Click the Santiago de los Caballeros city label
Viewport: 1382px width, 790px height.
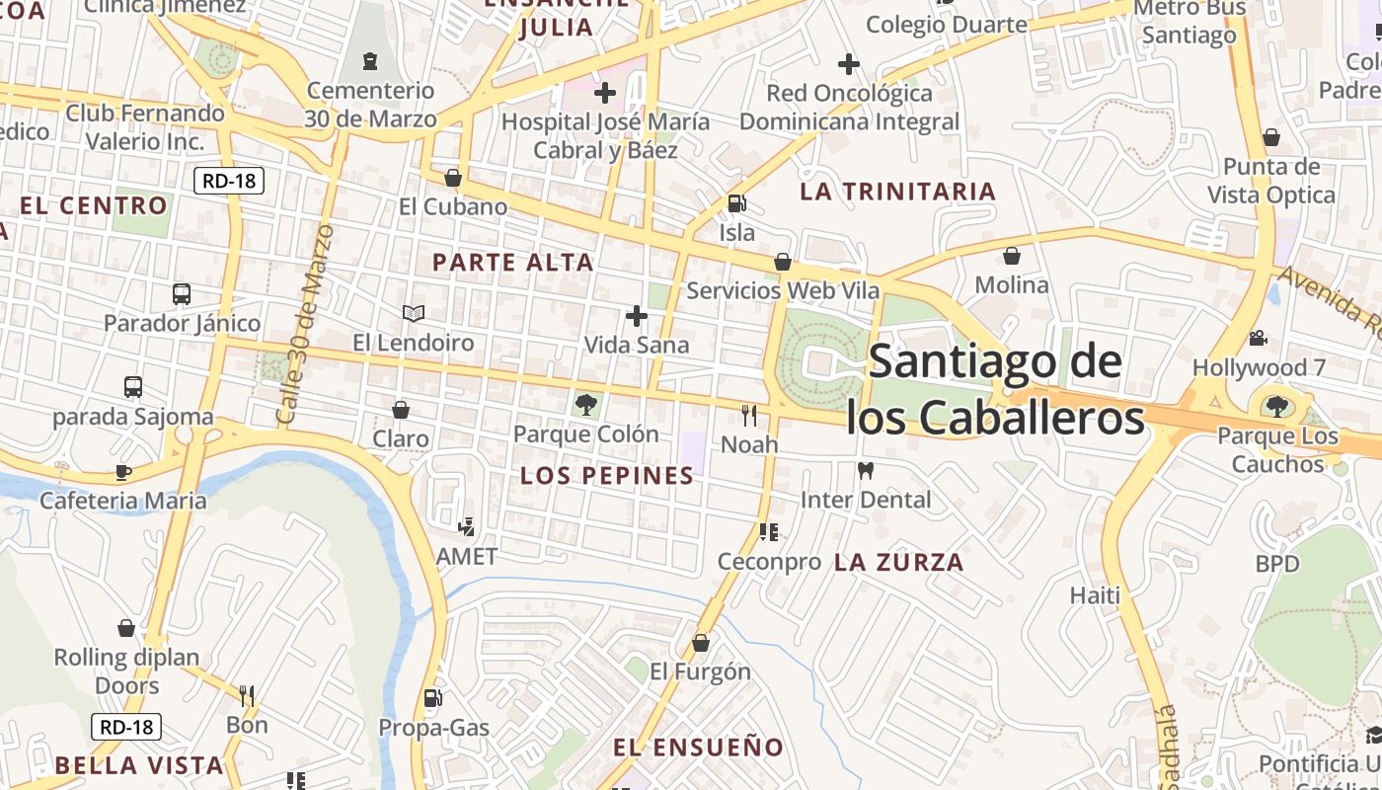pos(995,390)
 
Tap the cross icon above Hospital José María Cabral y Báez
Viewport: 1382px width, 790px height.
pos(605,93)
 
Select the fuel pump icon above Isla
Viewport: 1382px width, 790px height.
pos(736,203)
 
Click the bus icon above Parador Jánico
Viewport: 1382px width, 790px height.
pos(182,293)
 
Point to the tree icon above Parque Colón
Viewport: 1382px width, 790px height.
pos(585,403)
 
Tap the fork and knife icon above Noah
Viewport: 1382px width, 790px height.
pos(749,415)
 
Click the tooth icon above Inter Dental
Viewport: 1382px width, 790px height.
pos(866,470)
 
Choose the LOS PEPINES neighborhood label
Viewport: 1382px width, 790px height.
pos(607,476)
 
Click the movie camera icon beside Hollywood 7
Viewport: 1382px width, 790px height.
pos(1258,338)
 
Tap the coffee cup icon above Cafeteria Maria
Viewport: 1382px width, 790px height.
pos(122,472)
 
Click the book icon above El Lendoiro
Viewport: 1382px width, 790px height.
pos(414,314)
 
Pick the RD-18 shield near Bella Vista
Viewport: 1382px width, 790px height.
pos(126,727)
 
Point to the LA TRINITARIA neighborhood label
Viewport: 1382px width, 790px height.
pos(897,192)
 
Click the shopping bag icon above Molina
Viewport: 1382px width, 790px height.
pos(1012,257)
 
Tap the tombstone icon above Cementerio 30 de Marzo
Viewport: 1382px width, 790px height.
pos(370,61)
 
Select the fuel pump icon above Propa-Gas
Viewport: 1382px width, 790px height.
pos(432,698)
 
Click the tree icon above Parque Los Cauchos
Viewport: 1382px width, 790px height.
pos(1276,406)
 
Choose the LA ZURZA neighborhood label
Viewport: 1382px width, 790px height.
pos(898,563)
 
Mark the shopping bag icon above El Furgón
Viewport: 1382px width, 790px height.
pos(701,643)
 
